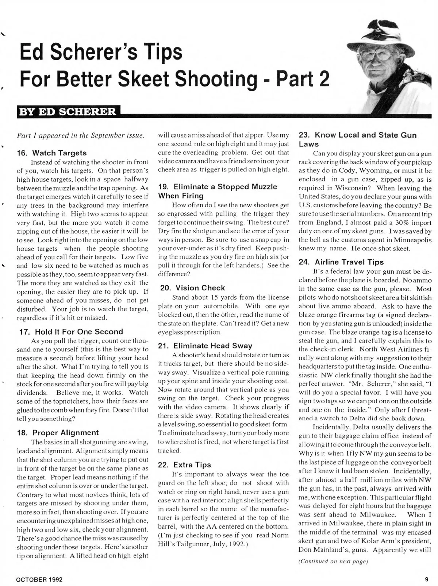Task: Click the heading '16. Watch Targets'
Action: [52, 153]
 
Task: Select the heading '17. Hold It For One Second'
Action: [71, 332]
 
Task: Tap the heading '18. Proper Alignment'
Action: [58, 433]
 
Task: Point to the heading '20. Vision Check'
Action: [193, 288]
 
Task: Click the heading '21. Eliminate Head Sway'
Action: [205, 346]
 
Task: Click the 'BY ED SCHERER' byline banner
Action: [68, 111]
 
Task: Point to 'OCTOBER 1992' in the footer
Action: [39, 579]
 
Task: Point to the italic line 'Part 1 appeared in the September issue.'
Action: [81, 136]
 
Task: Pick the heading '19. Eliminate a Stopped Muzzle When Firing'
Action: [218, 191]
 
